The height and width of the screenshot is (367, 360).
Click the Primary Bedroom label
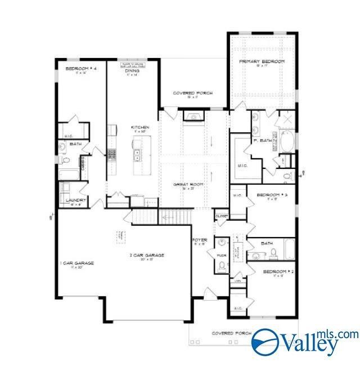[262, 61]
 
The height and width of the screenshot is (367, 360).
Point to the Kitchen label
[140, 128]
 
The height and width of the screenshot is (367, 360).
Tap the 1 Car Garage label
[76, 263]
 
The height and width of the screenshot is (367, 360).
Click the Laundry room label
[75, 200]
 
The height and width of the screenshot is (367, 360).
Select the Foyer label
[200, 240]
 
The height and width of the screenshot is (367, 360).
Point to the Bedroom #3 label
[272, 195]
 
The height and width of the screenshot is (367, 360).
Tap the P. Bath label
[262, 141]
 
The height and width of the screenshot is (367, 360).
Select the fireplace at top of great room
[194, 117]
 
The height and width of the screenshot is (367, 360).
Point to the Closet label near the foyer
[220, 216]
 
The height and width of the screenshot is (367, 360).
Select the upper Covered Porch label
[192, 92]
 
